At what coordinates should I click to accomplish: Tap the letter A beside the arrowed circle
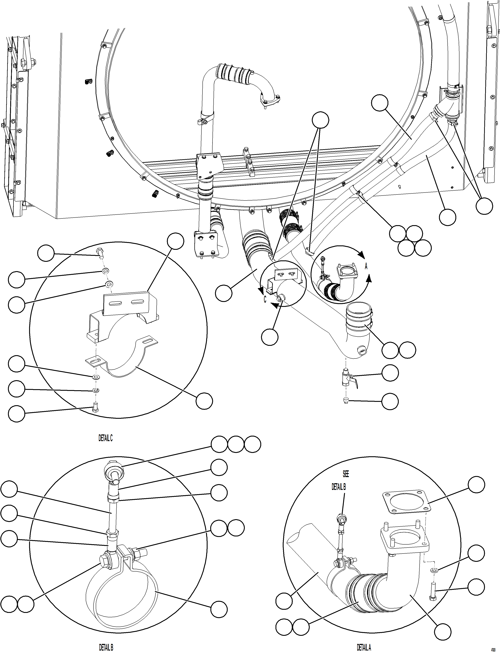(366, 266)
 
